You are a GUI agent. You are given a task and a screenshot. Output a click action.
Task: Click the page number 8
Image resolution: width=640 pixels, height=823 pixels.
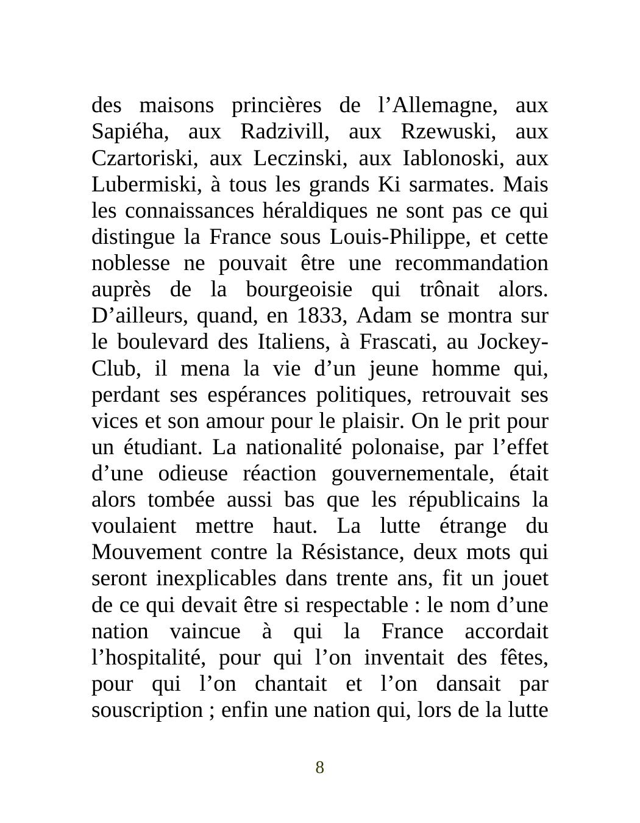(319, 768)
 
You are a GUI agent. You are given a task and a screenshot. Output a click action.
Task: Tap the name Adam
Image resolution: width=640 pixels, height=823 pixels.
(379, 316)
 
